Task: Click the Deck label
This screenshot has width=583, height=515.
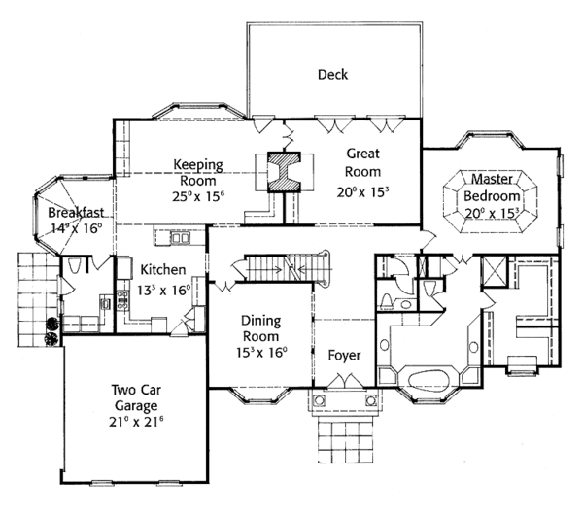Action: pos(332,75)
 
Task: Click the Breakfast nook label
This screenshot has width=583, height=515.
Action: pos(77,213)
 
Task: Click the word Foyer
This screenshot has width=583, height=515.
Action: pos(344,356)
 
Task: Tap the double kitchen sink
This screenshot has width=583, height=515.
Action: pos(180,237)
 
